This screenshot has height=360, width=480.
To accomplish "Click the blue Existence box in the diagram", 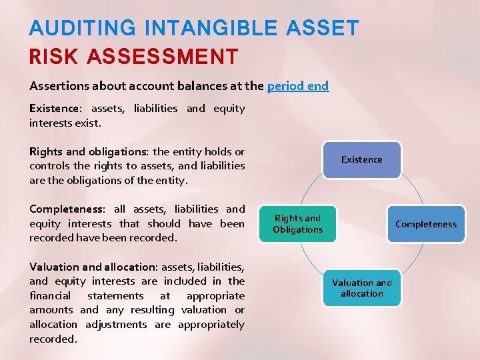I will (362, 159).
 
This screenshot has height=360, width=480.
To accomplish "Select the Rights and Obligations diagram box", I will (297, 224).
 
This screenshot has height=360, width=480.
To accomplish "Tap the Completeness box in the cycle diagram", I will (426, 224).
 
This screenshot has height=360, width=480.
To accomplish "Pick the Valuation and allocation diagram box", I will (362, 288).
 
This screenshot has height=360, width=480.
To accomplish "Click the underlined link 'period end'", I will (298, 86).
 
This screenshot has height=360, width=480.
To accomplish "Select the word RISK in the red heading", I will (53, 57).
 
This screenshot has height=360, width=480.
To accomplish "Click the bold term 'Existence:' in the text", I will (55, 108).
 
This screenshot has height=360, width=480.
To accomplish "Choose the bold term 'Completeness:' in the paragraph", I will (69, 209).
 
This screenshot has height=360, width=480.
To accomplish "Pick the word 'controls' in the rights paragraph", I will (49, 166).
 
